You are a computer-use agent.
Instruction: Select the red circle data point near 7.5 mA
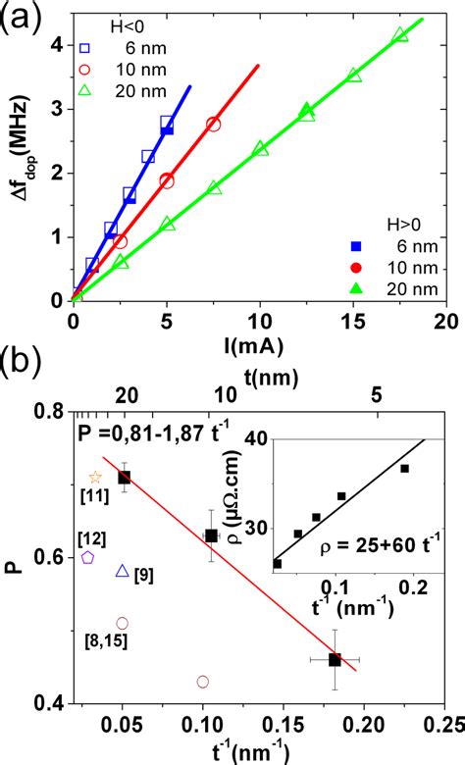point(213,125)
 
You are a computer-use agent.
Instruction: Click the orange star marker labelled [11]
point(95,478)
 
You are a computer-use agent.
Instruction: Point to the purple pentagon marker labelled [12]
point(87,557)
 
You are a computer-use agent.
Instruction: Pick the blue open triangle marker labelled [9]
point(123,571)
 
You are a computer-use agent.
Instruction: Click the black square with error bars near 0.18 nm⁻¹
point(336,660)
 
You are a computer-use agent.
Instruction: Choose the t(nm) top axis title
point(259,376)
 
